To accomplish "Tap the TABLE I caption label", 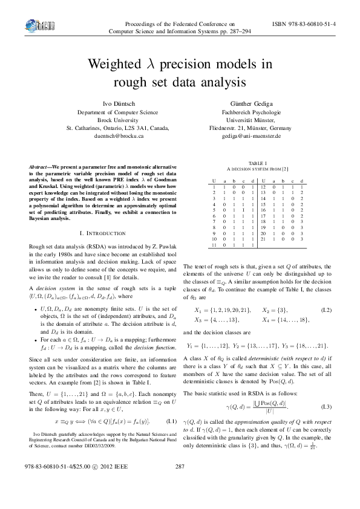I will click(258, 163).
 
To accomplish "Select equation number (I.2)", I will click(326, 310).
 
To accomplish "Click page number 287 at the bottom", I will click(179, 484).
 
